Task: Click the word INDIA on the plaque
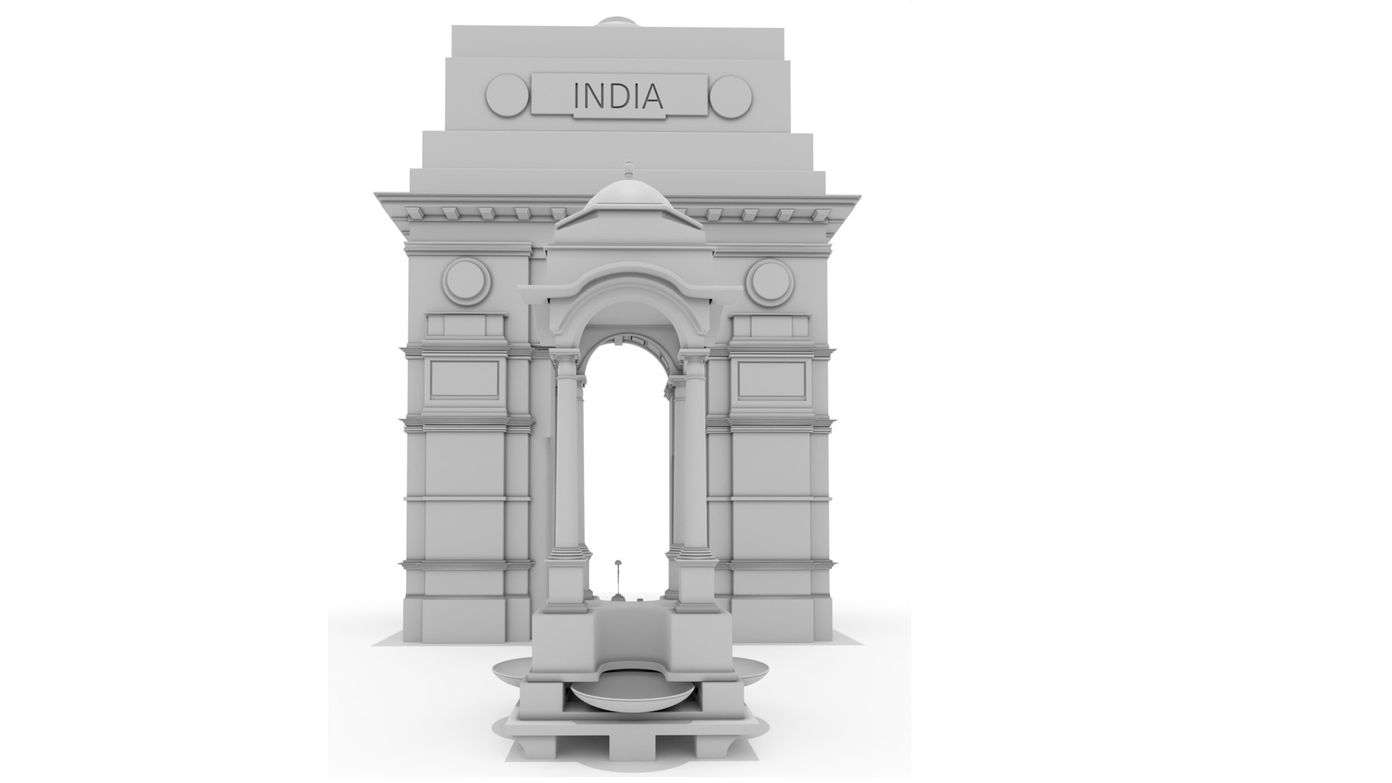click(x=618, y=96)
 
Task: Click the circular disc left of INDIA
click(x=507, y=95)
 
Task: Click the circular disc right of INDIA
click(x=731, y=96)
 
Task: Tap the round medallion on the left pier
click(x=466, y=282)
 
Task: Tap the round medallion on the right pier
click(x=771, y=282)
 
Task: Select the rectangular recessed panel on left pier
click(x=465, y=378)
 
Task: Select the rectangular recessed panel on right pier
click(x=772, y=379)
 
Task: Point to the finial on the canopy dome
click(x=629, y=170)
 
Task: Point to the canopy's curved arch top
click(x=629, y=290)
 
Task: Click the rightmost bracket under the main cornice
click(x=820, y=214)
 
